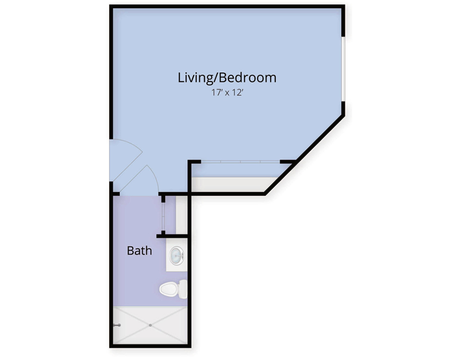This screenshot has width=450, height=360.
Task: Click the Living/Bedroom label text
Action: pyautogui.click(x=227, y=78)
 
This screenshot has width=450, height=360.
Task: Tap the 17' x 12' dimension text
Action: pyautogui.click(x=227, y=93)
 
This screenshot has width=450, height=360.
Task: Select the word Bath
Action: pyautogui.click(x=139, y=251)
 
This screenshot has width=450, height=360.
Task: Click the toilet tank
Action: pyautogui.click(x=183, y=289)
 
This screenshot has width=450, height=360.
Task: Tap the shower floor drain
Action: pyautogui.click(x=150, y=325)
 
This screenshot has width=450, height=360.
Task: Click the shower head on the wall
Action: pyautogui.click(x=117, y=325)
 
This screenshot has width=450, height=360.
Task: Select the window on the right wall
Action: pyautogui.click(x=343, y=69)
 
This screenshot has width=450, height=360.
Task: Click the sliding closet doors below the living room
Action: pyautogui.click(x=240, y=162)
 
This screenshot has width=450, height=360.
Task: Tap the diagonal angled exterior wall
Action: pyautogui.click(x=304, y=155)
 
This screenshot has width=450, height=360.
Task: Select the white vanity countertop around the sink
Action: pyautogui.click(x=177, y=255)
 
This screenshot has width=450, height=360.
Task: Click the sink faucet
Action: pyautogui.click(x=181, y=255)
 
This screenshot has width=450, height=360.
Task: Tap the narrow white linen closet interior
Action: pyautogui.click(x=181, y=215)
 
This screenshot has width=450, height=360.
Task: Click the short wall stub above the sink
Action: pyautogui.click(x=172, y=236)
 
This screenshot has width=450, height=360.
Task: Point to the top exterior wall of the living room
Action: pyautogui.click(x=227, y=6)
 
